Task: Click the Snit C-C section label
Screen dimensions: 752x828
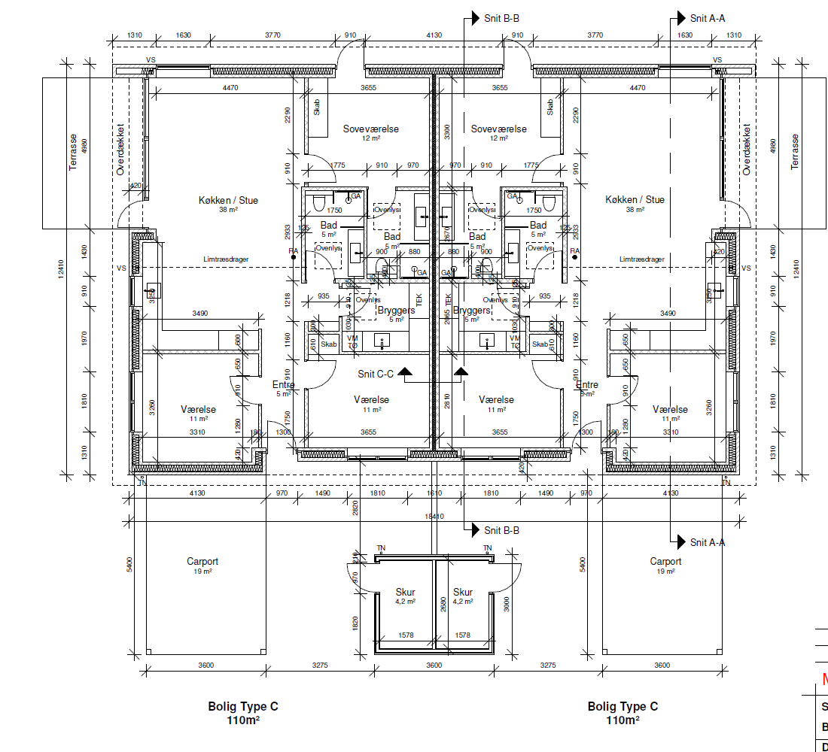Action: pyautogui.click(x=376, y=374)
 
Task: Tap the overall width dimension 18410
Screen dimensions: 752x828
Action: pyautogui.click(x=434, y=517)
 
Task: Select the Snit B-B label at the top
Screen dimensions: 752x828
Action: pyautogui.click(x=501, y=19)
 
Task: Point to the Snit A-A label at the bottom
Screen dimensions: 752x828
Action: pyautogui.click(x=708, y=542)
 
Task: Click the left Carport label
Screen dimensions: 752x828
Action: pyautogui.click(x=202, y=562)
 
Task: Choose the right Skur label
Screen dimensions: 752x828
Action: pyautogui.click(x=463, y=593)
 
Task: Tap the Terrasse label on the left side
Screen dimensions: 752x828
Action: pyautogui.click(x=73, y=153)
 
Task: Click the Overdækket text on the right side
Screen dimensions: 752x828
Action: pyautogui.click(x=747, y=150)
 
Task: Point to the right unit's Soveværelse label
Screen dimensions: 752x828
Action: pyautogui.click(x=499, y=129)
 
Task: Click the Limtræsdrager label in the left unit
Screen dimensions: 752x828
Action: pyautogui.click(x=226, y=259)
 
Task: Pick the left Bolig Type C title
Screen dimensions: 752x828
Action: pyautogui.click(x=243, y=707)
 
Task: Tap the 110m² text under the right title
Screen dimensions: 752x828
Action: pyautogui.click(x=623, y=720)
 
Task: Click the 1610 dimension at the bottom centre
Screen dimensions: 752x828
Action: pyautogui.click(x=434, y=493)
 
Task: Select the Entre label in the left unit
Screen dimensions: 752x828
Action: pyautogui.click(x=283, y=385)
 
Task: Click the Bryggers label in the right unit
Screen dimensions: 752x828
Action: pyautogui.click(x=473, y=311)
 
